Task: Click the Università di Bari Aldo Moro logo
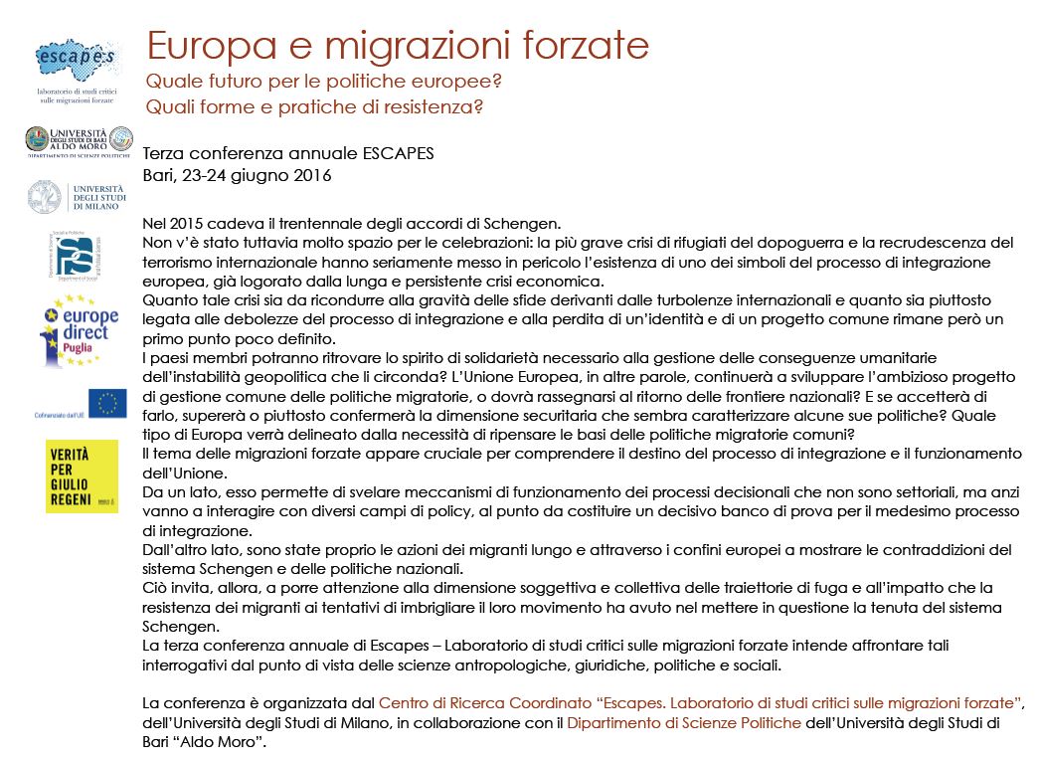(x=79, y=140)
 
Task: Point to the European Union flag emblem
(x=107, y=404)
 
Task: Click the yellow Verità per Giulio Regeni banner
(x=82, y=476)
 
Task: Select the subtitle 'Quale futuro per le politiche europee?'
(x=324, y=81)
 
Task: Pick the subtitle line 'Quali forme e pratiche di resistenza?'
(x=315, y=106)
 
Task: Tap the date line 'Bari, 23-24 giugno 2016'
(x=237, y=175)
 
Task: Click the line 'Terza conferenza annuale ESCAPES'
(x=289, y=154)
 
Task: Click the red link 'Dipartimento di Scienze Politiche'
(x=683, y=723)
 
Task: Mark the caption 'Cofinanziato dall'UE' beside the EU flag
(x=61, y=413)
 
